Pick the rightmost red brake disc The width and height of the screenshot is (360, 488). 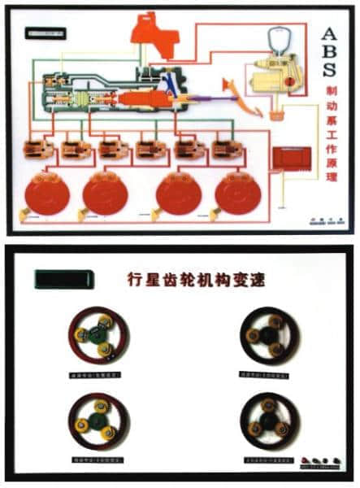(x=237, y=193)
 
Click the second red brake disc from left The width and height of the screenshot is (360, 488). (x=106, y=194)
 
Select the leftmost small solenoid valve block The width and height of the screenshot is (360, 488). (x=34, y=150)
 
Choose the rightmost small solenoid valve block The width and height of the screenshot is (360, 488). (x=223, y=150)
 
